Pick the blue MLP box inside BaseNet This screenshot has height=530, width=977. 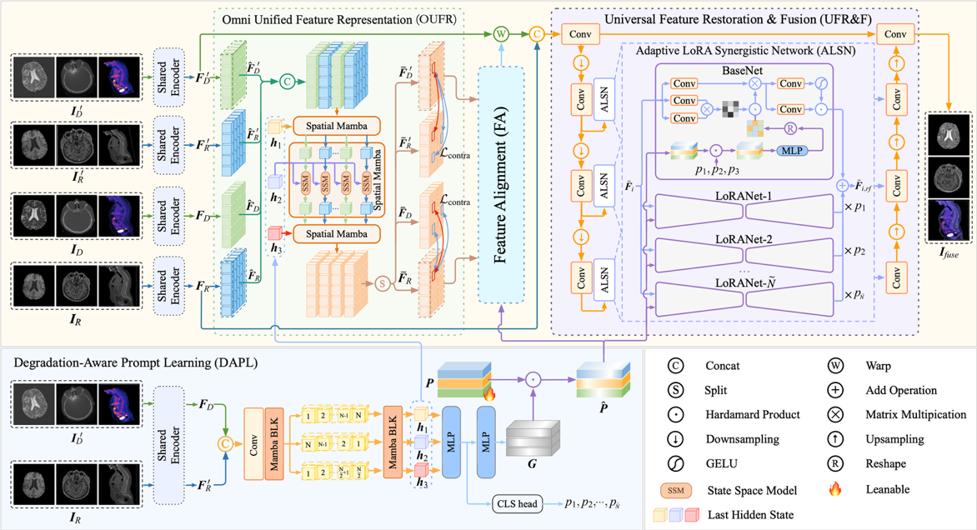click(788, 151)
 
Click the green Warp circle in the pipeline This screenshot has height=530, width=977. click(501, 34)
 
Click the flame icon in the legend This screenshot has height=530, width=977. click(834, 488)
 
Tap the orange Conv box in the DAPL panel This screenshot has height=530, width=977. click(253, 444)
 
